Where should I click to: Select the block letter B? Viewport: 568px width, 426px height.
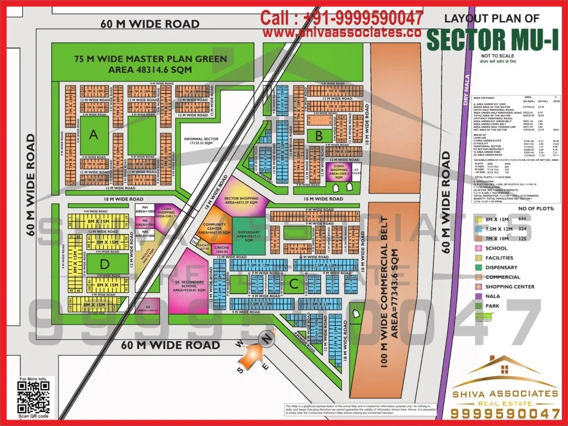319,135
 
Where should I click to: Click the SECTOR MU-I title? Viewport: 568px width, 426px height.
493,40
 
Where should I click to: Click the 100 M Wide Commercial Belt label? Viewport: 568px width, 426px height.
392,288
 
